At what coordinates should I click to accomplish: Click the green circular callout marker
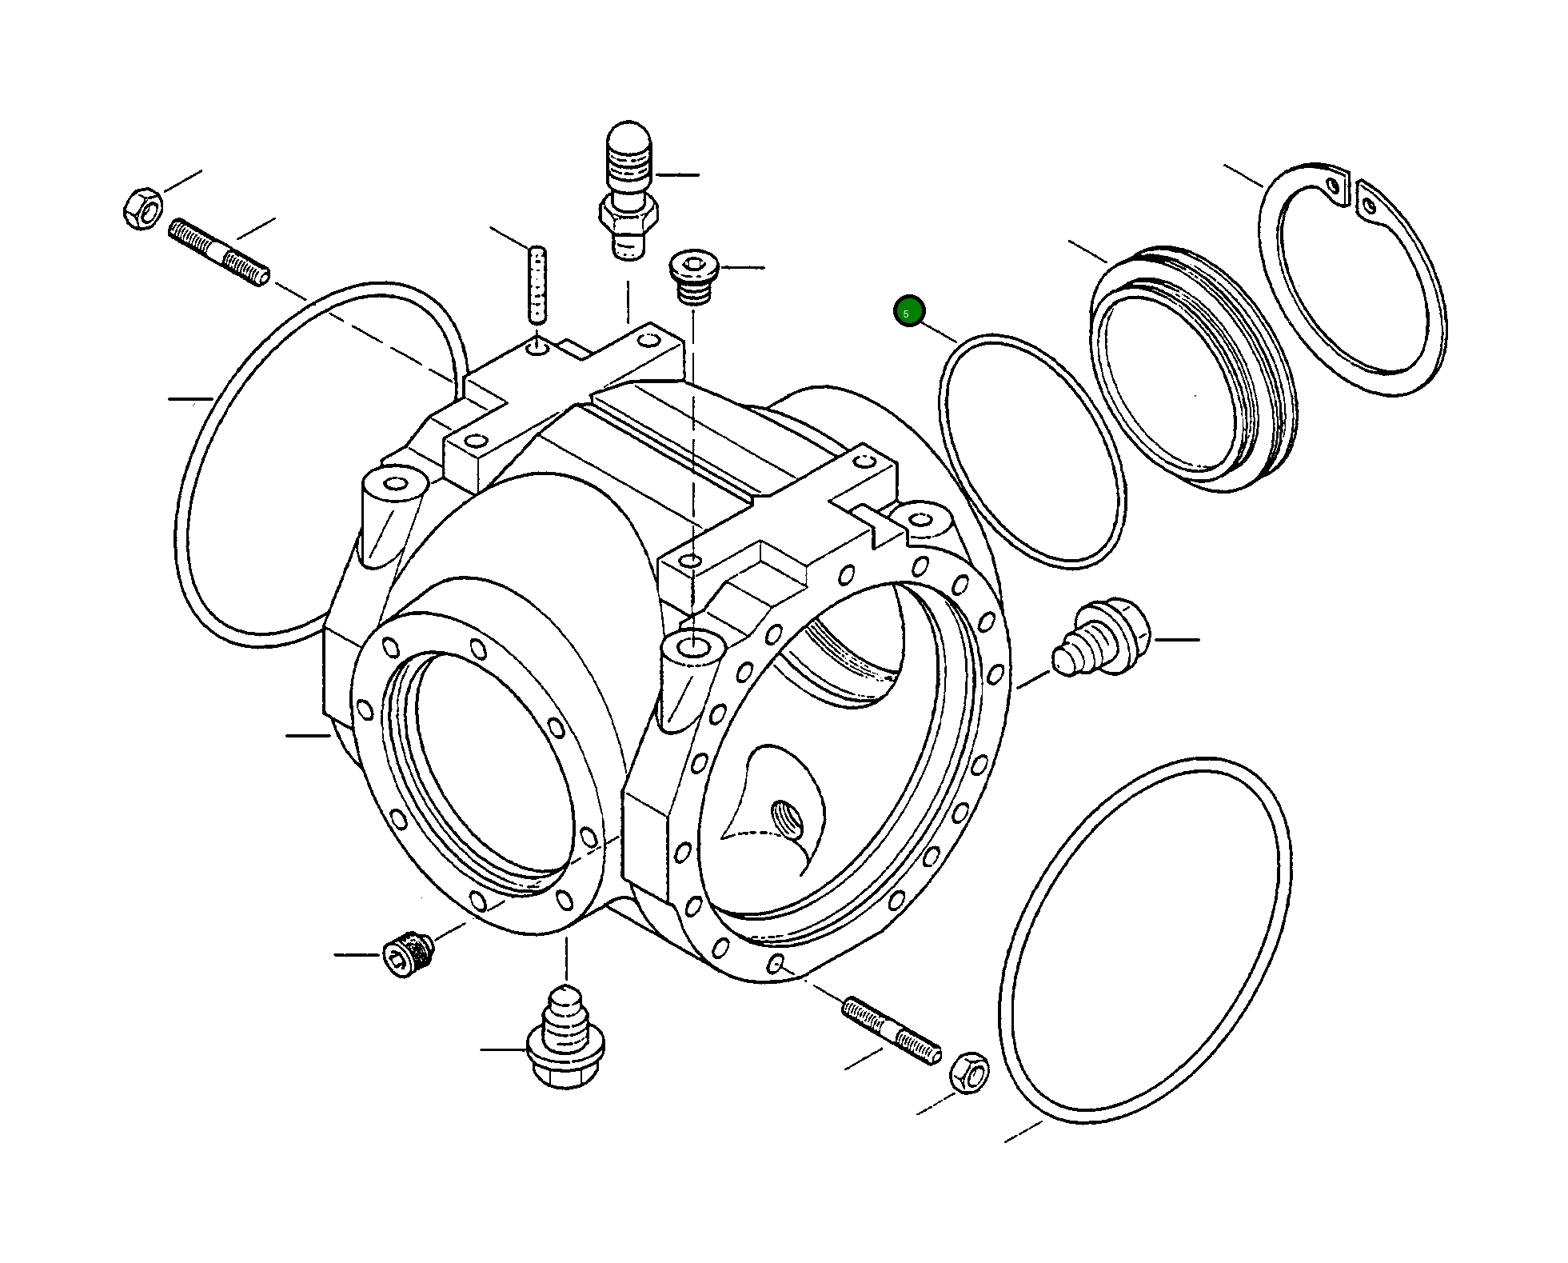(909, 311)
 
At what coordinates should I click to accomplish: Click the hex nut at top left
(142, 208)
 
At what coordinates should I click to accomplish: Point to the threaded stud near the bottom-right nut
(892, 1031)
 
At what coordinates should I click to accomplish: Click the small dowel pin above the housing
(538, 284)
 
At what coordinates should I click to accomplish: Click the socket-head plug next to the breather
(694, 277)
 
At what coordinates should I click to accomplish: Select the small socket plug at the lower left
(409, 953)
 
